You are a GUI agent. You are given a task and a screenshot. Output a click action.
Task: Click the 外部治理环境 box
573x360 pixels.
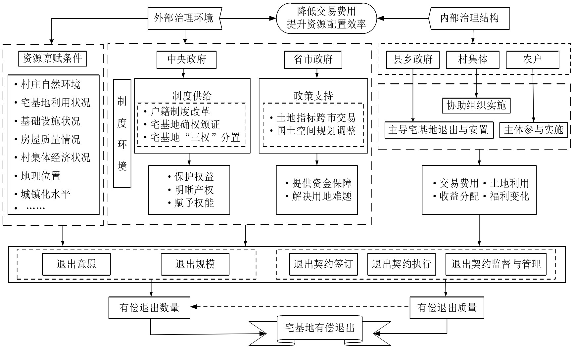click(x=184, y=18)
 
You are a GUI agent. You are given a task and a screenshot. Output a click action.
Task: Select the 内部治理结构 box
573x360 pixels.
click(x=469, y=18)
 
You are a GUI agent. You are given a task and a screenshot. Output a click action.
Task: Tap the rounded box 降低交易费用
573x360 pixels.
click(x=326, y=18)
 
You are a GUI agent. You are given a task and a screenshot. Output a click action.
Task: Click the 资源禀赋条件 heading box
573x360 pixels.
click(x=52, y=59)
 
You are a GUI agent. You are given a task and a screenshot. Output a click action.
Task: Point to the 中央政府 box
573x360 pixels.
click(x=187, y=60)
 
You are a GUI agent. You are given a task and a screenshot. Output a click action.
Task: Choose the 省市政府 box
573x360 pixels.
click(x=313, y=60)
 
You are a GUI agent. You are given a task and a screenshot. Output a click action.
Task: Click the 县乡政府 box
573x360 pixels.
click(x=413, y=60)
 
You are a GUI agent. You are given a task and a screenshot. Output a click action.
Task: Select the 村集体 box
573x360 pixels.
click(x=473, y=60)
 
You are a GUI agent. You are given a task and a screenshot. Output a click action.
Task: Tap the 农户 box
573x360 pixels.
click(x=532, y=60)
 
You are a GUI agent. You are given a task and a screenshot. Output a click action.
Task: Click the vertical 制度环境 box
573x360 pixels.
click(x=122, y=133)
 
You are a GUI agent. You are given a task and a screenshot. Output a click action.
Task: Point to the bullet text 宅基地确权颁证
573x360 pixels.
click(x=185, y=124)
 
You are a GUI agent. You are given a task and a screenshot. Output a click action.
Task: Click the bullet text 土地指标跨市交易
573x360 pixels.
click(x=316, y=117)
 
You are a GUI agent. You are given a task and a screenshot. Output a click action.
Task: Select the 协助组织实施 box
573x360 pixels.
click(x=476, y=105)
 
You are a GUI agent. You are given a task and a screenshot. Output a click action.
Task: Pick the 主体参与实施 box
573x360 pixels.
click(x=534, y=130)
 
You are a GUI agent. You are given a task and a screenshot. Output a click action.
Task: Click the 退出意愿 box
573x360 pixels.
click(x=76, y=264)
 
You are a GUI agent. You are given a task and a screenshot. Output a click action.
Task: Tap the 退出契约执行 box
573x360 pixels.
click(x=402, y=264)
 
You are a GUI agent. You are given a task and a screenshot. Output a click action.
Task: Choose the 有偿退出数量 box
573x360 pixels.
click(x=149, y=308)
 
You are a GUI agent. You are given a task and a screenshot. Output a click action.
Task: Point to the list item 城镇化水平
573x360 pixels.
click(x=46, y=194)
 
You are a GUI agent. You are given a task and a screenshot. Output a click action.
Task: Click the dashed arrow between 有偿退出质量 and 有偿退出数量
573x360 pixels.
click(x=300, y=307)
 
